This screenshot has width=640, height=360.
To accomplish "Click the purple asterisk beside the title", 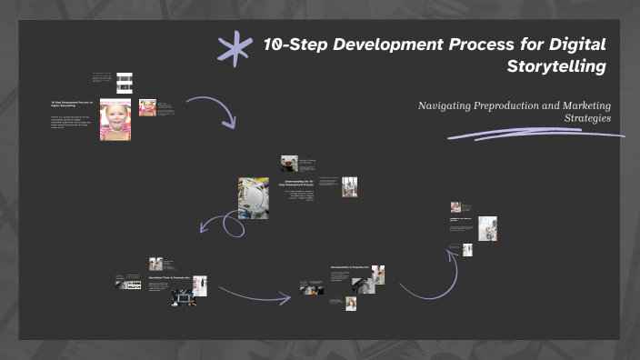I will click(235, 48).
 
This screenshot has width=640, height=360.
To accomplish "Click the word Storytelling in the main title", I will click(557, 65).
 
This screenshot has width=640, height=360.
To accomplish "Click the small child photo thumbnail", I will click(147, 107).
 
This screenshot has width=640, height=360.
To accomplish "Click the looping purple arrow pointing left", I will click(227, 225).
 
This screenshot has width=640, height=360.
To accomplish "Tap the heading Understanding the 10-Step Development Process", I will click(299, 185).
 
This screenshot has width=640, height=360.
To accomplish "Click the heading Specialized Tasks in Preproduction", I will click(169, 277).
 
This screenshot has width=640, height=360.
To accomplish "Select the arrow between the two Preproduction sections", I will click(255, 294).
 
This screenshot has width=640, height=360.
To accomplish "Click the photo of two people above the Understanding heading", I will click(290, 163).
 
